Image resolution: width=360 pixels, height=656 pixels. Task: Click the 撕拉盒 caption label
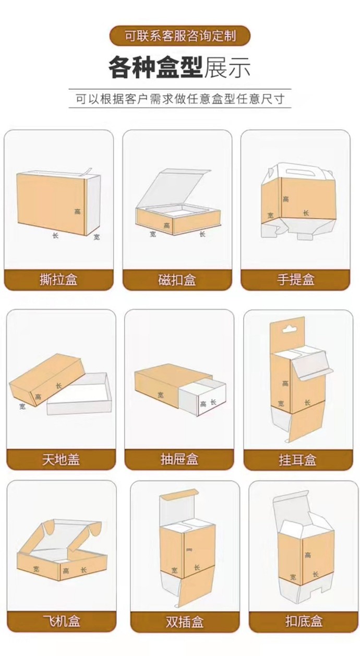(58, 280)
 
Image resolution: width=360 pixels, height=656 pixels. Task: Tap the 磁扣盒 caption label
(177, 280)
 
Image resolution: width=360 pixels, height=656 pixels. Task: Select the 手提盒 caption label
(296, 280)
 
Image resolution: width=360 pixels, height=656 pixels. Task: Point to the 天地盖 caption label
(61, 459)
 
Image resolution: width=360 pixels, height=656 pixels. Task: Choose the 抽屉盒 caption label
(179, 459)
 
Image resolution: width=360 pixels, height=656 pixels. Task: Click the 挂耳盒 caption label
(298, 460)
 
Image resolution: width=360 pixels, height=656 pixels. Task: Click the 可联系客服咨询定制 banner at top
(180, 35)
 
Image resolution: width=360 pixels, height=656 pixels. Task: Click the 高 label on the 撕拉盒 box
(77, 211)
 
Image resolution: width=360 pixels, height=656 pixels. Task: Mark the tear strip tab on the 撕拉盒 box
(88, 172)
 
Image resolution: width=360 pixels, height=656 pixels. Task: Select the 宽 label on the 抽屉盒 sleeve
(160, 395)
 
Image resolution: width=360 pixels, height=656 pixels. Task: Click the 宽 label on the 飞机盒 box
(37, 568)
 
